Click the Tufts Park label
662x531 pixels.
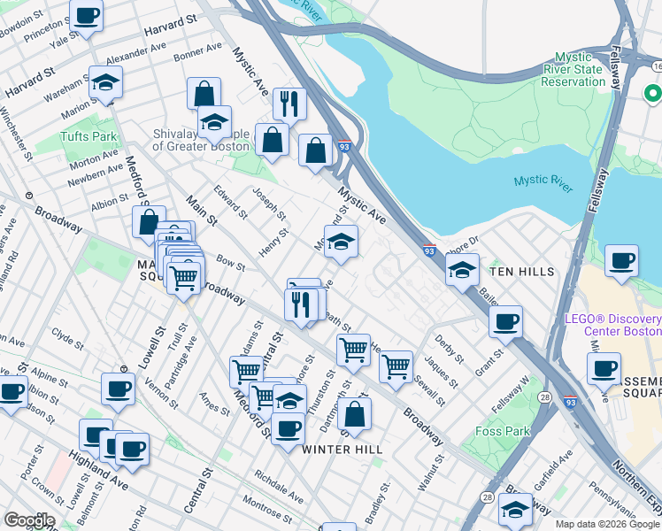click(89, 137)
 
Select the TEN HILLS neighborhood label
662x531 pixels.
click(522, 272)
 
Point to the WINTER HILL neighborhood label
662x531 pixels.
click(343, 450)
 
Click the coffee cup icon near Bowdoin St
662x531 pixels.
click(87, 16)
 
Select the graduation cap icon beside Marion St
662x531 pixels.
click(106, 83)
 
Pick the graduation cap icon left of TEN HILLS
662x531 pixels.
click(461, 271)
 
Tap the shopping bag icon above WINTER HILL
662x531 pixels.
click(354, 414)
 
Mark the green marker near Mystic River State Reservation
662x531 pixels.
click(653, 93)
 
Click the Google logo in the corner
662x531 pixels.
click(29, 520)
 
